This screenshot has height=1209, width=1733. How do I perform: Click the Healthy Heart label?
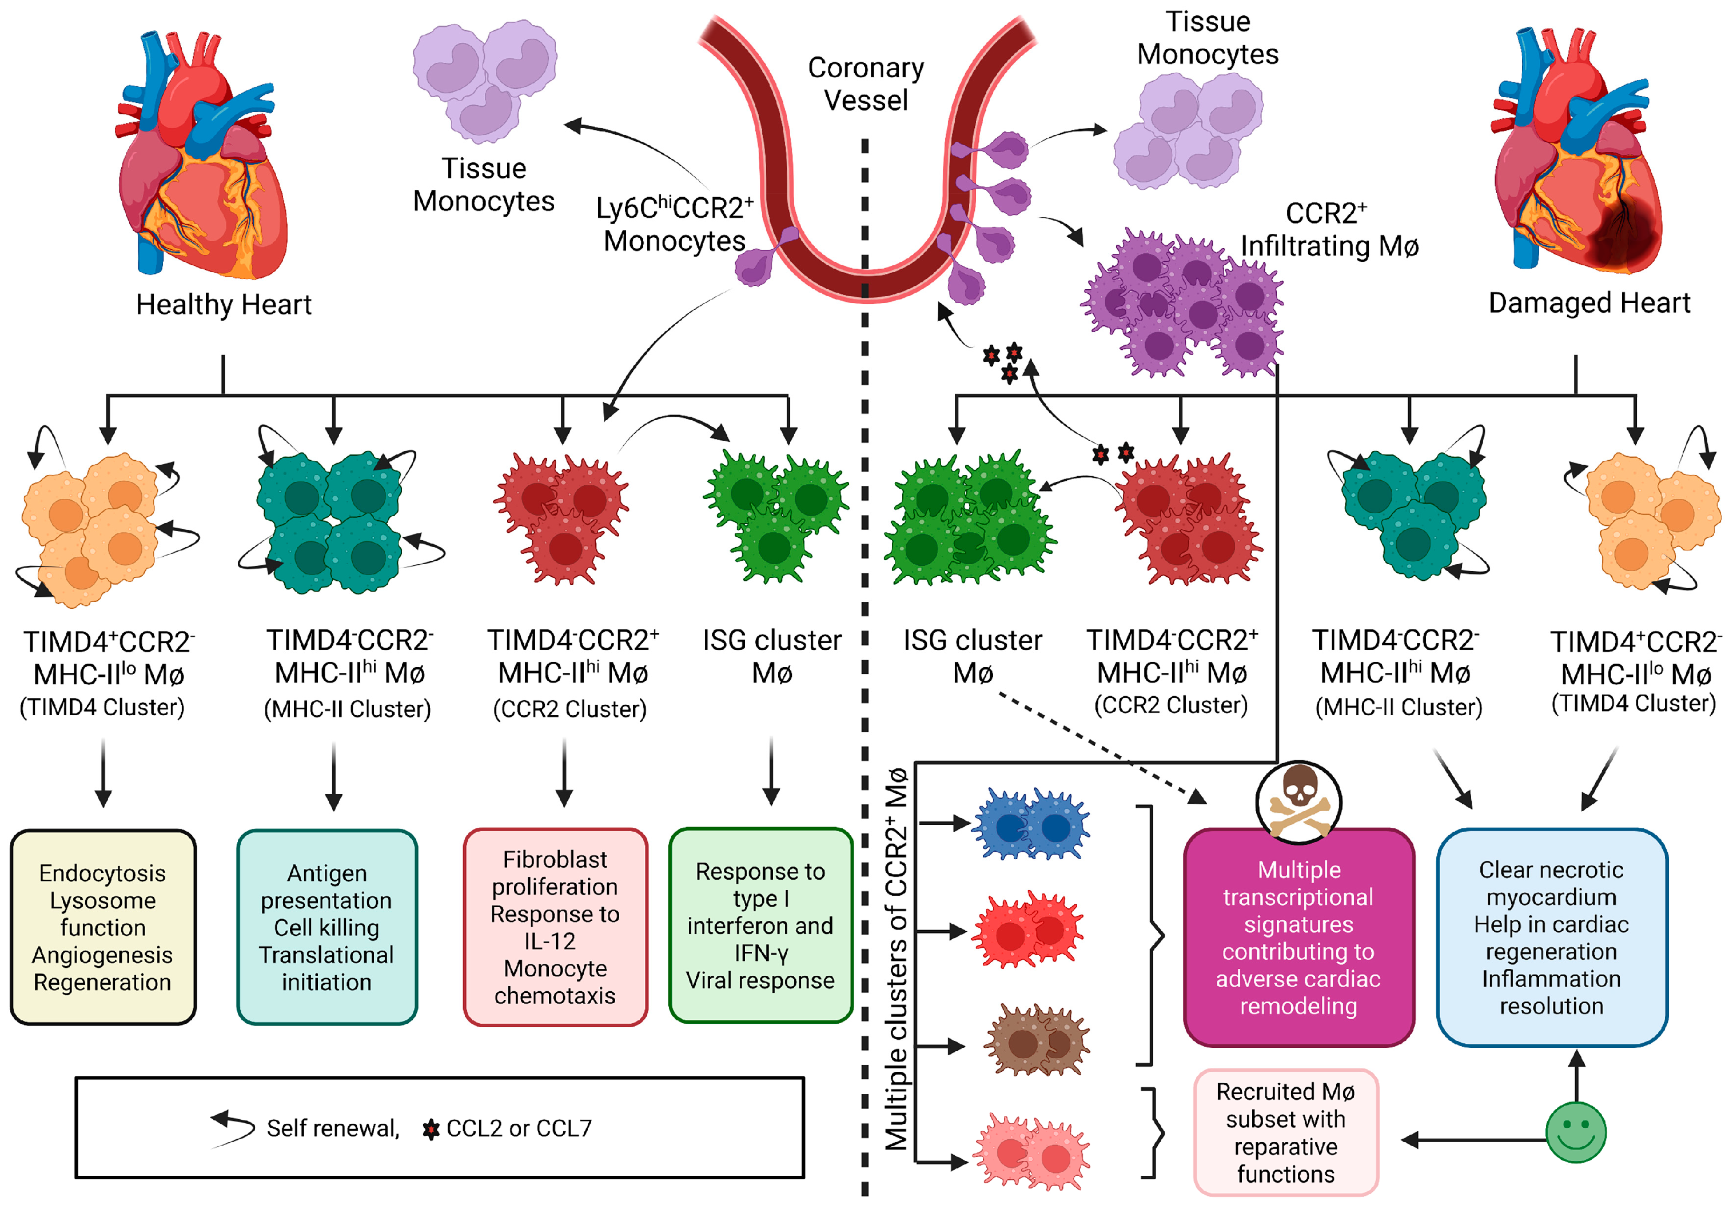point(224,304)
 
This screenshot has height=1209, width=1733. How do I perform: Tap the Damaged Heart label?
point(1589,302)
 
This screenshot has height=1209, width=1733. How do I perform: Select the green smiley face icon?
point(1575,1131)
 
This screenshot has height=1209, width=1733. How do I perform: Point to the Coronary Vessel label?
point(866,84)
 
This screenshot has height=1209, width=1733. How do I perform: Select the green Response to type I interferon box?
point(760,925)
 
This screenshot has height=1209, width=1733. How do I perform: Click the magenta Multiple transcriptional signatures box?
point(1298,937)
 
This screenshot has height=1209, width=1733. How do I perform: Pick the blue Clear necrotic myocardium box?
point(1551,937)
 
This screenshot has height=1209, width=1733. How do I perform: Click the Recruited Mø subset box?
point(1285,1132)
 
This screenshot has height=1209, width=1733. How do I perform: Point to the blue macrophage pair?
point(1030,825)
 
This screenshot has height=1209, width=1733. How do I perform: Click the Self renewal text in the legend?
point(332,1128)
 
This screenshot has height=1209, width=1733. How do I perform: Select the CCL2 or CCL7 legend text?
point(519,1128)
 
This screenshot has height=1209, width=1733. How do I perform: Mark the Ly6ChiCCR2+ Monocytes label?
point(674,224)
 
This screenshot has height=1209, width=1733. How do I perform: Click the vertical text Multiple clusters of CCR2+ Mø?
point(897,959)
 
